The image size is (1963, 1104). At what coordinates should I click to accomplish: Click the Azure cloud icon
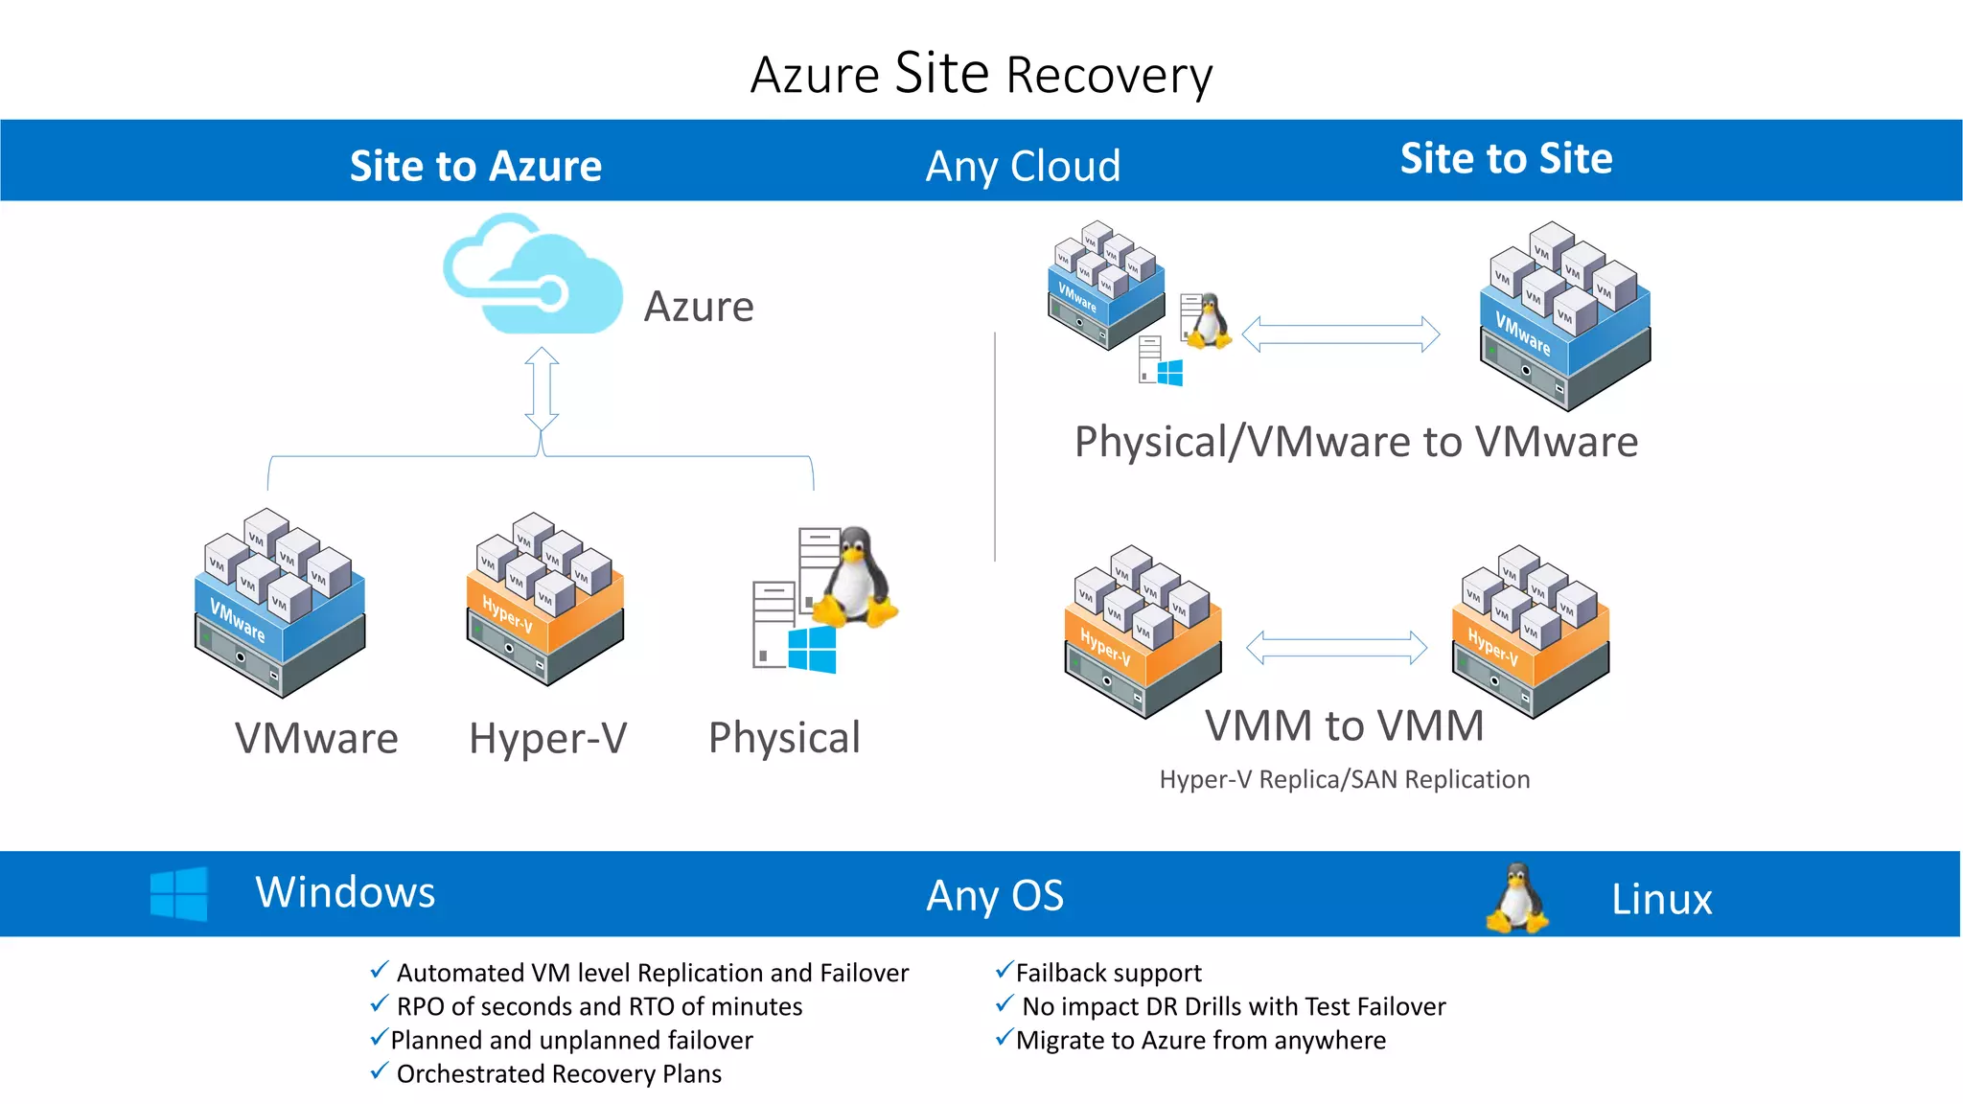click(533, 277)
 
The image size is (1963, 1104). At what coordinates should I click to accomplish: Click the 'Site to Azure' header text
click(475, 166)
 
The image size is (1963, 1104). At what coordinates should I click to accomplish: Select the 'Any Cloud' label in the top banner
click(1023, 166)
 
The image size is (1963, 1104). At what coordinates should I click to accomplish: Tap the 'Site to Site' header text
click(1506, 158)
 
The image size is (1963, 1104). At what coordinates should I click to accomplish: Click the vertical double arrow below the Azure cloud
click(542, 388)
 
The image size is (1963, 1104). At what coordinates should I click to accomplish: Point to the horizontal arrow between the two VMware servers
click(1340, 334)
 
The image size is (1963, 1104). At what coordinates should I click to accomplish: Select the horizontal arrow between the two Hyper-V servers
click(1336, 648)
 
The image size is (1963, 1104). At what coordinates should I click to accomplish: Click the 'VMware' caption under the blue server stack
click(316, 739)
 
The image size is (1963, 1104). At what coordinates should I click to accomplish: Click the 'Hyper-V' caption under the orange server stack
click(547, 739)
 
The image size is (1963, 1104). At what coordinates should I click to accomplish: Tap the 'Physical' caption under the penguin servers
click(784, 738)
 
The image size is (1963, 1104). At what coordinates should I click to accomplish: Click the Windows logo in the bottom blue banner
click(179, 894)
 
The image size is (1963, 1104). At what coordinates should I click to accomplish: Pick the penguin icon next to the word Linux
click(1516, 898)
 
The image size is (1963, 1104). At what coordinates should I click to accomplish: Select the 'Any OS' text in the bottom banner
click(995, 896)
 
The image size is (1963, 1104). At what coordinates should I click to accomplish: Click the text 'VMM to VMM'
click(1344, 725)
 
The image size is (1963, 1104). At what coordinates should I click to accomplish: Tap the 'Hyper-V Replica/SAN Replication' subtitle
click(1344, 779)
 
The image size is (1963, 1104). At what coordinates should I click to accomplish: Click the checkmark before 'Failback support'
click(1004, 971)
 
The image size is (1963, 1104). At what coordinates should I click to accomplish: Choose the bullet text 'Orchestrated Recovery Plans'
click(559, 1074)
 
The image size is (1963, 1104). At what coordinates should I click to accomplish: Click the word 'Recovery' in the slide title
click(1109, 76)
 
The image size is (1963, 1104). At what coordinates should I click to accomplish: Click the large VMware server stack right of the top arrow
click(1565, 316)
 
